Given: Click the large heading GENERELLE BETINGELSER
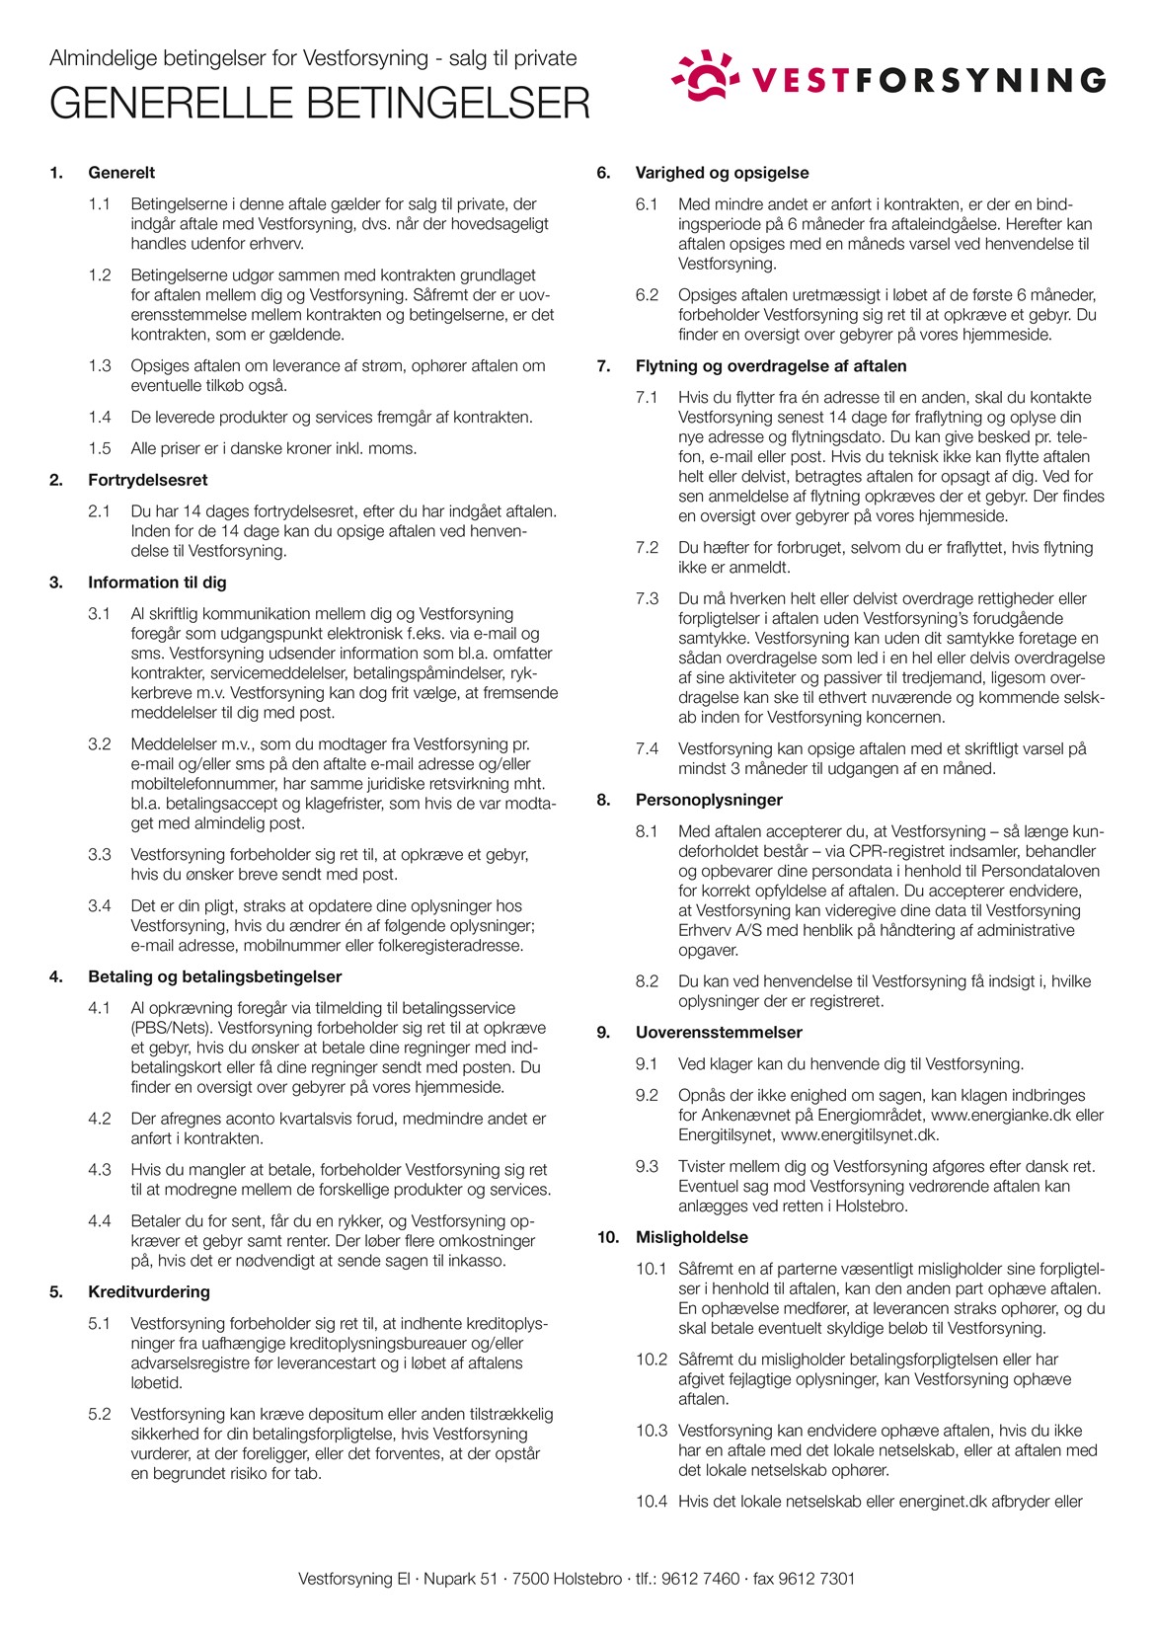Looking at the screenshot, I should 320,104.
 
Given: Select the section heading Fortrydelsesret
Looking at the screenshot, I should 148,480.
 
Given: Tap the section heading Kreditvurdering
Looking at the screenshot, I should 149,1291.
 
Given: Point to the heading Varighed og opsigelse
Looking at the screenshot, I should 722,173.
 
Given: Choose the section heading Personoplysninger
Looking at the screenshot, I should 709,800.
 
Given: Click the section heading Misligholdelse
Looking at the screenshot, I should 692,1237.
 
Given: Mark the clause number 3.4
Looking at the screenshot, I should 99,905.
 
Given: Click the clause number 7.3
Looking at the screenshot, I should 647,598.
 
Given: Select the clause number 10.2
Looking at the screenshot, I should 652,1360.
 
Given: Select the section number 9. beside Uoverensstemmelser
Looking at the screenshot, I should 603,1032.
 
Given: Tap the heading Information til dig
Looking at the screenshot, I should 157,583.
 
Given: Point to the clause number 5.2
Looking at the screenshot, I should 99,1414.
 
